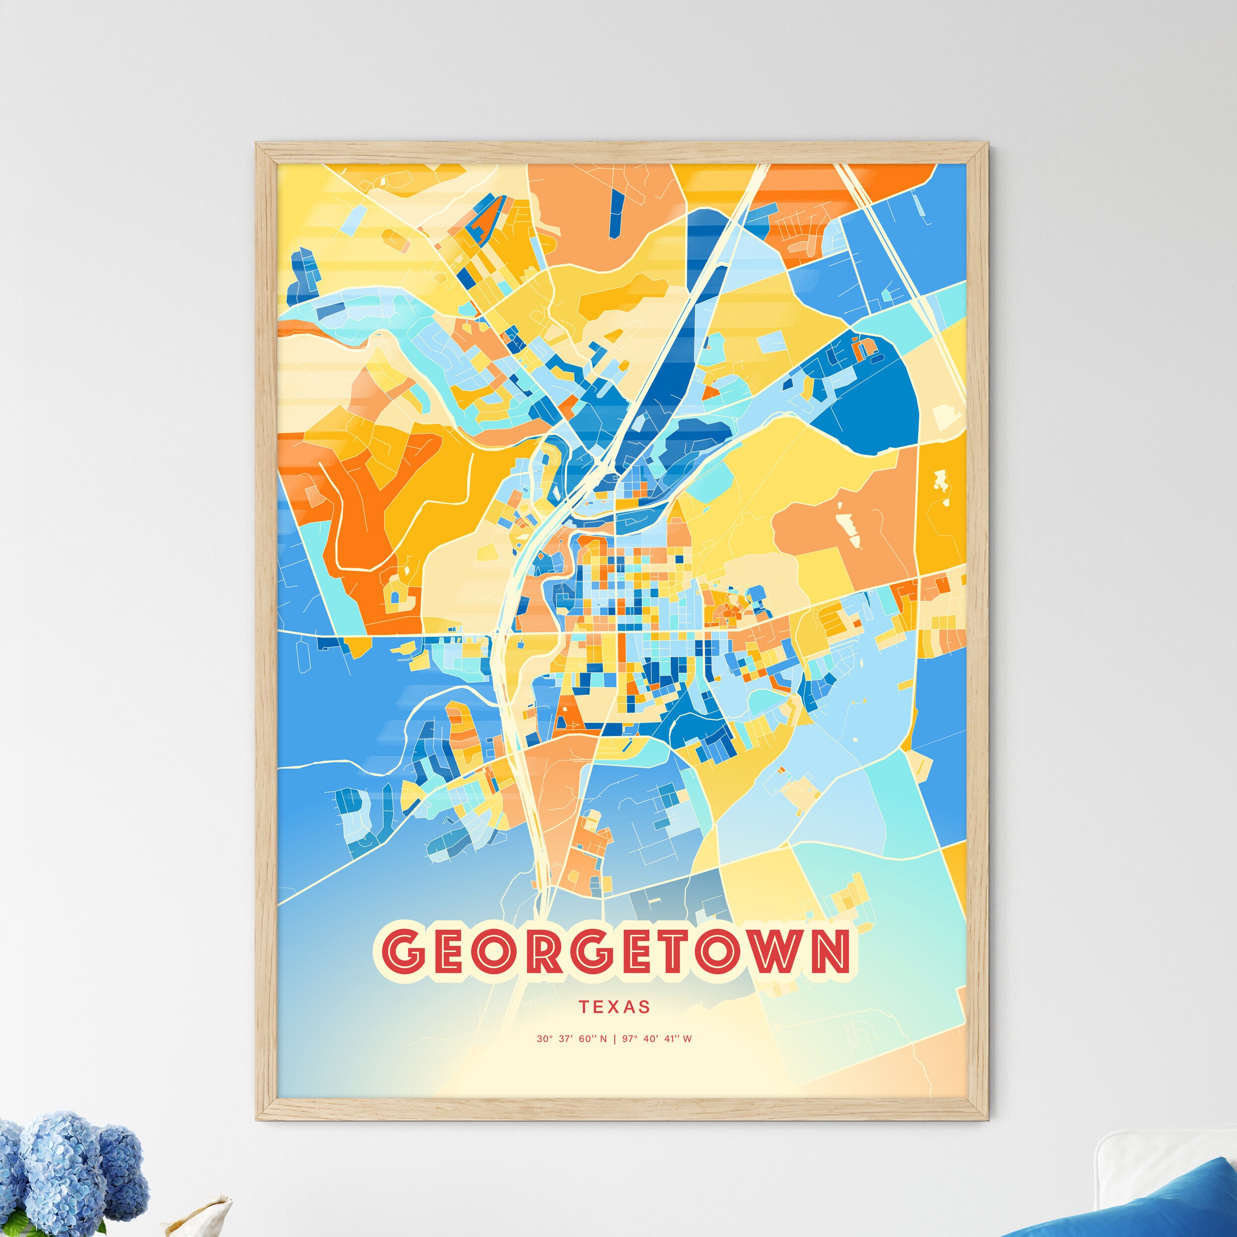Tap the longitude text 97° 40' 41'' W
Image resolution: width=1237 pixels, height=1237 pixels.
pos(657,1039)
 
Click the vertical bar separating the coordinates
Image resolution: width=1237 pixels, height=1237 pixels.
pos(614,1039)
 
